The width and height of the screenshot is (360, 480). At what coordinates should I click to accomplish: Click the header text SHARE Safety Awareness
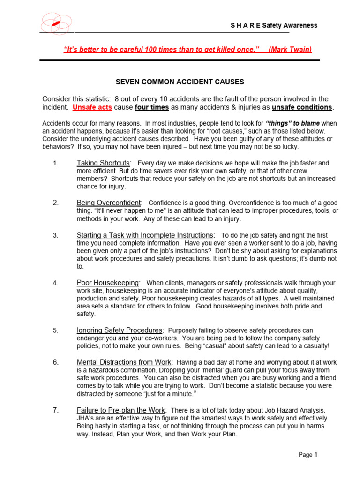click(274, 25)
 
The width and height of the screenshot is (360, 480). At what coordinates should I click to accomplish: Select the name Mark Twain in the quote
click(290, 50)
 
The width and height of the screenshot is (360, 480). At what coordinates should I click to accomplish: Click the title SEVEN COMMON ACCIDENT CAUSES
click(180, 82)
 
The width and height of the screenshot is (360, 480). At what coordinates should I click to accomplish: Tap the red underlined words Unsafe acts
click(92, 107)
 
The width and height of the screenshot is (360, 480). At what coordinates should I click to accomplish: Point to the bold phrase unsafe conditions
click(302, 107)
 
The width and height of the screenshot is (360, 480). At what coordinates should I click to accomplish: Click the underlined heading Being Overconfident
click(109, 203)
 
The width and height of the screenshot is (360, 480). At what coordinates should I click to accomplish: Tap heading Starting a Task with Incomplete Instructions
click(145, 235)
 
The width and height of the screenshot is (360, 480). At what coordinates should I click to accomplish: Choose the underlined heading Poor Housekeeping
click(108, 283)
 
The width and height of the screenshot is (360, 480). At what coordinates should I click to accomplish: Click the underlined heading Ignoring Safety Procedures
click(120, 330)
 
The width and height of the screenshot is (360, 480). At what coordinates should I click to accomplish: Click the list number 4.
click(55, 283)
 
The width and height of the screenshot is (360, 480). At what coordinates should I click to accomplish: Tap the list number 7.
click(55, 410)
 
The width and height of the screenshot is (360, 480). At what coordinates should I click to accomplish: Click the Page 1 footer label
click(308, 454)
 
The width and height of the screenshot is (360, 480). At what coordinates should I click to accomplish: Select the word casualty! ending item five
click(314, 346)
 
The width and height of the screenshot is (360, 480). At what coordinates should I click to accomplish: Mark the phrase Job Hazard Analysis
click(291, 411)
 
